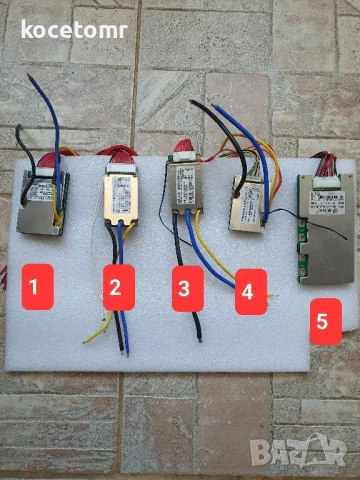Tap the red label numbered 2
click(x=116, y=288)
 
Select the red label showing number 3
click(x=183, y=290)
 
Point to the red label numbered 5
click(x=321, y=322)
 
